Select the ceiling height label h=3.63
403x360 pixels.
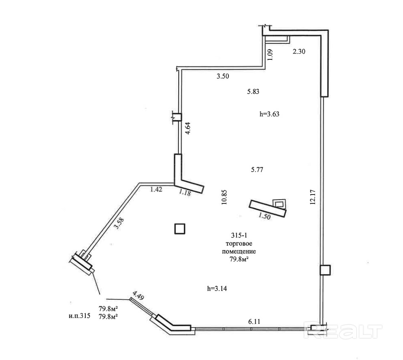[270, 114]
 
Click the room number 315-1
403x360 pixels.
[239, 236]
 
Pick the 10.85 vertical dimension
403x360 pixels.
[225, 197]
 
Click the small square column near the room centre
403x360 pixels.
[180, 229]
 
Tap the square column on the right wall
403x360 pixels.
[325, 269]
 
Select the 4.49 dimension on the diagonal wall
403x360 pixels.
[138, 295]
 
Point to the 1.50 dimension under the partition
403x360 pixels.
[264, 216]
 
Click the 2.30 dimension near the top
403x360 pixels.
[299, 52]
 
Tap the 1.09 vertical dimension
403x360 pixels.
[270, 55]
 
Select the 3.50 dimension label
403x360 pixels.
[223, 77]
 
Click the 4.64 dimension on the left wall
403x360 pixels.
[188, 128]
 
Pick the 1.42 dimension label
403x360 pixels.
[156, 189]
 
